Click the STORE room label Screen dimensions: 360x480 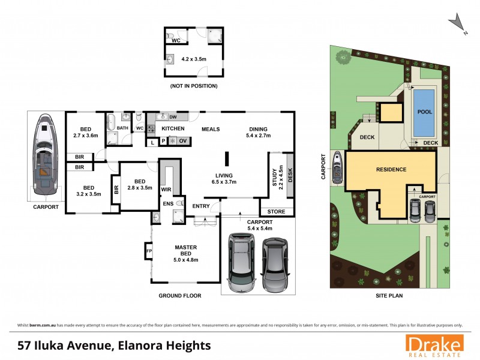coord(277,211)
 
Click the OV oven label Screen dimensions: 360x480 coord(183,140)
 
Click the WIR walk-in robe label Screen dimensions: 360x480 coord(166,190)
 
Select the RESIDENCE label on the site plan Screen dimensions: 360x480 coord(391,169)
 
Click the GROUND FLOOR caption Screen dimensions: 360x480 coord(180,296)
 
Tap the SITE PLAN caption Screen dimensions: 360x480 coord(389,296)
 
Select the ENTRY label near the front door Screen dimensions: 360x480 coord(201,206)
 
